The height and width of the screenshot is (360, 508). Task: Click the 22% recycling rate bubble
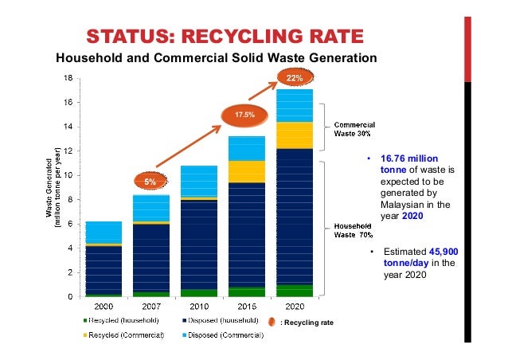tap(295, 78)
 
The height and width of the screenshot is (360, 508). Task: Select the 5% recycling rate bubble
tap(150, 182)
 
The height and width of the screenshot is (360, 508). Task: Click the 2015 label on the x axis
tap(246, 305)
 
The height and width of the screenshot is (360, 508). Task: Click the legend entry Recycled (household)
tap(124, 320)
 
